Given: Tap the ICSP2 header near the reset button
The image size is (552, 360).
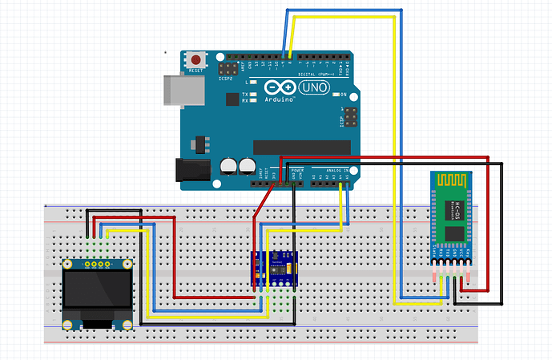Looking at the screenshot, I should point(227,72).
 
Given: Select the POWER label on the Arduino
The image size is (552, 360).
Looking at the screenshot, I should point(296,171).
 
